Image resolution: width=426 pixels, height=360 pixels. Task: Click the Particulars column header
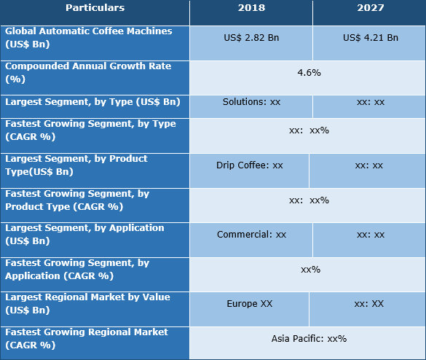click(x=95, y=8)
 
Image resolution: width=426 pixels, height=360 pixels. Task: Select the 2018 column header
click(x=251, y=8)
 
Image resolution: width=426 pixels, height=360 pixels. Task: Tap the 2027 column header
click(x=368, y=8)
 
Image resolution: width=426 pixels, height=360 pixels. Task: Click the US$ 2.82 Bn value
click(x=251, y=37)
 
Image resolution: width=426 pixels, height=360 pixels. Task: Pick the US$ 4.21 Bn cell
click(x=370, y=37)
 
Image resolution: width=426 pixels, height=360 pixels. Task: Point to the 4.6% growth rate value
click(x=309, y=72)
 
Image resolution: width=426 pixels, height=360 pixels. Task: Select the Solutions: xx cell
click(x=251, y=102)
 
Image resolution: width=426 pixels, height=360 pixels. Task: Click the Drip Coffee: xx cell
click(x=250, y=165)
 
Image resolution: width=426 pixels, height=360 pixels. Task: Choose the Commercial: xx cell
click(x=251, y=235)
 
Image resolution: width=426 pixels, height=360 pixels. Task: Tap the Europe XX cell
click(x=251, y=303)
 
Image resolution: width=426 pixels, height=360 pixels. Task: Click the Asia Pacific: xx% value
click(x=309, y=338)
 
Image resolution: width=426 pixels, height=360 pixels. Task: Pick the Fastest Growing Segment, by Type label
click(x=90, y=130)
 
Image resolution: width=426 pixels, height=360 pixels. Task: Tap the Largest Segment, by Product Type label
click(x=76, y=165)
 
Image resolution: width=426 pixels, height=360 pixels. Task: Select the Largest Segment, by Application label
click(x=84, y=234)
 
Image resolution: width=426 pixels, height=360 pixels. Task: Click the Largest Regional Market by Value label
click(x=87, y=303)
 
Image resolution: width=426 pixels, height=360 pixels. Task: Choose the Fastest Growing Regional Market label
click(x=87, y=338)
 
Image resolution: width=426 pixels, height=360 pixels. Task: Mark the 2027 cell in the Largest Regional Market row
click(x=370, y=303)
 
